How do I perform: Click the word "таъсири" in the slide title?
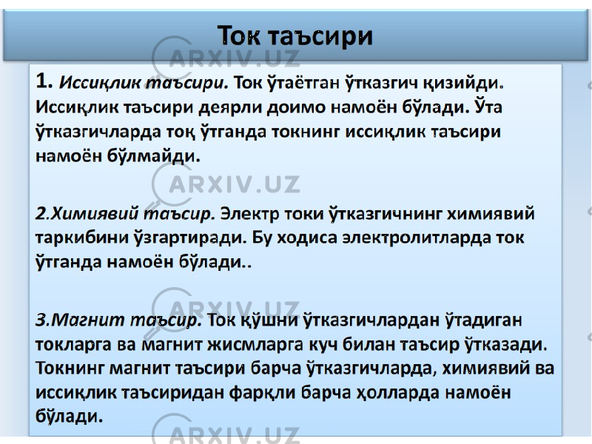[321, 36]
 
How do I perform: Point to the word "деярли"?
[231, 108]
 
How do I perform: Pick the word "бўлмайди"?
[153, 155]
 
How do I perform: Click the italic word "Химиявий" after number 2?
[95, 214]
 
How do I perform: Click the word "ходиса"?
[307, 238]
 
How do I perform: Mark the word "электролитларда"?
[417, 238]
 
